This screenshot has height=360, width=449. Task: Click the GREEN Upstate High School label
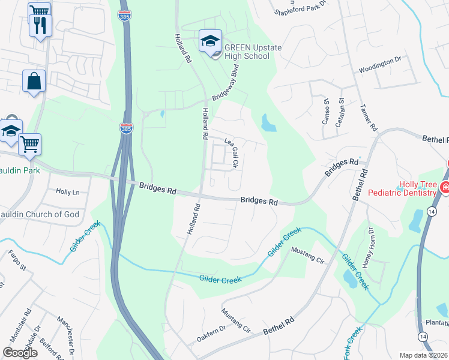(x=246, y=52)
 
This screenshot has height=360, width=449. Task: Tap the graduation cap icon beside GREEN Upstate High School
(x=211, y=41)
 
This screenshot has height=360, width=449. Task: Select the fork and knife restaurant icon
(x=41, y=25)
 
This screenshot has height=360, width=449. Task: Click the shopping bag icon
(x=34, y=80)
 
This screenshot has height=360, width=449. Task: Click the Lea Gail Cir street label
(x=232, y=152)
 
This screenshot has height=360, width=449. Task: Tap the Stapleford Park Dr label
(x=301, y=7)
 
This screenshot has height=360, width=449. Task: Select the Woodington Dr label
(x=379, y=65)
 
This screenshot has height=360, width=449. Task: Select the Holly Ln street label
(x=67, y=192)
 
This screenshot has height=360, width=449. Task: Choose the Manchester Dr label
(x=65, y=336)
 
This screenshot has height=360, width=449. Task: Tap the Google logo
(x=20, y=353)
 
